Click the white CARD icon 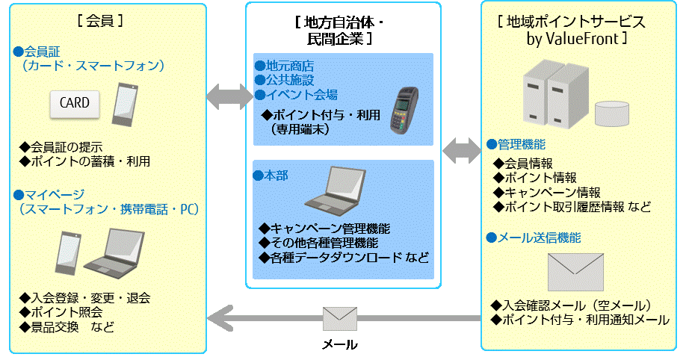(75, 103)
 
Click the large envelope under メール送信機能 (575, 271)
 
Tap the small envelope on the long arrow (340, 319)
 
